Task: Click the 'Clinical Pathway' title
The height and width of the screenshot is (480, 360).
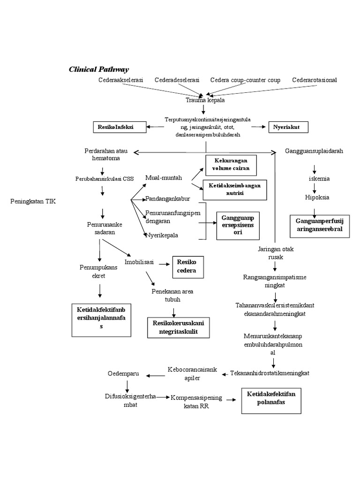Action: point(98,69)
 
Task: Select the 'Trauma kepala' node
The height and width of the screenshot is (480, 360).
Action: point(204,100)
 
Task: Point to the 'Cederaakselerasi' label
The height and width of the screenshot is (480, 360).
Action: point(120,80)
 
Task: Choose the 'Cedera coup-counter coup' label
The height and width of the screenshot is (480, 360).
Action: point(245,80)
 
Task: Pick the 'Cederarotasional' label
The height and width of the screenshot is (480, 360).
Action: point(314,80)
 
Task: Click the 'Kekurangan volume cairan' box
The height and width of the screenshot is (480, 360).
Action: point(231,164)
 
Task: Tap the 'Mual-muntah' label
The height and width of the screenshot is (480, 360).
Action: point(164,178)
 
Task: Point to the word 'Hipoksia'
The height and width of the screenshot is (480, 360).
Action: point(317,197)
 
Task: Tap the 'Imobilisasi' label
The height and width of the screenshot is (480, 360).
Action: point(139,262)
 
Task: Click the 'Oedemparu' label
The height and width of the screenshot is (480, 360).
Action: point(123,374)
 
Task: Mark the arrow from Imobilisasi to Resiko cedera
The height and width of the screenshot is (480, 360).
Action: point(164,264)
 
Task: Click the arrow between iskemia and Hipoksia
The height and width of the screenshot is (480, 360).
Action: point(315,188)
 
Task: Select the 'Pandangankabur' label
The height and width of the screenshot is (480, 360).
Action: point(167,198)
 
